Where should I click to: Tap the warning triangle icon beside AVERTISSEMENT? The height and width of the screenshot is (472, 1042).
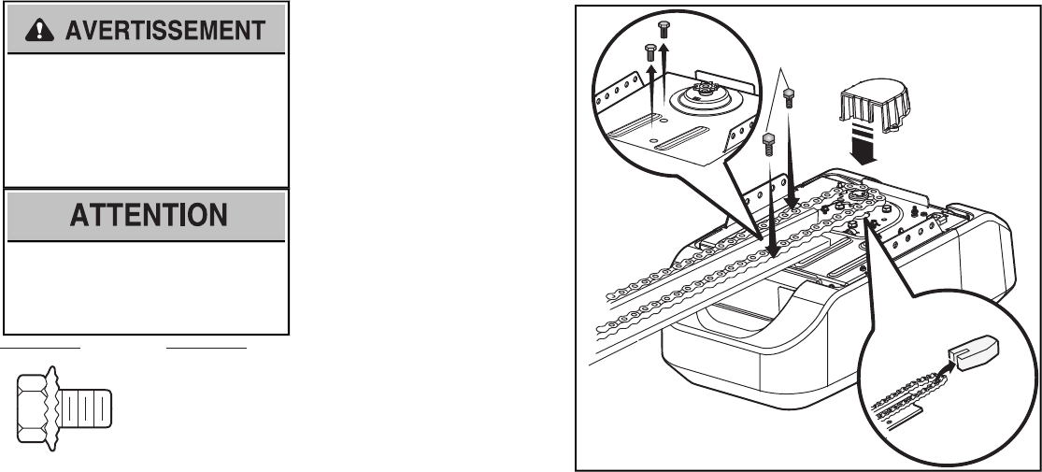coord(39,31)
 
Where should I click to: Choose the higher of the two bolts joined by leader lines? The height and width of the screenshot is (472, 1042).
coord(789,97)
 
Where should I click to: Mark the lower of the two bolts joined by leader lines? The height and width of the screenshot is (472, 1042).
coord(770,142)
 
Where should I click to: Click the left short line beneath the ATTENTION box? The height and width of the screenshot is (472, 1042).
coord(43,347)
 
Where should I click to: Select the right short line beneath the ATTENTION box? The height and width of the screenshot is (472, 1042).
coord(207,347)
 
